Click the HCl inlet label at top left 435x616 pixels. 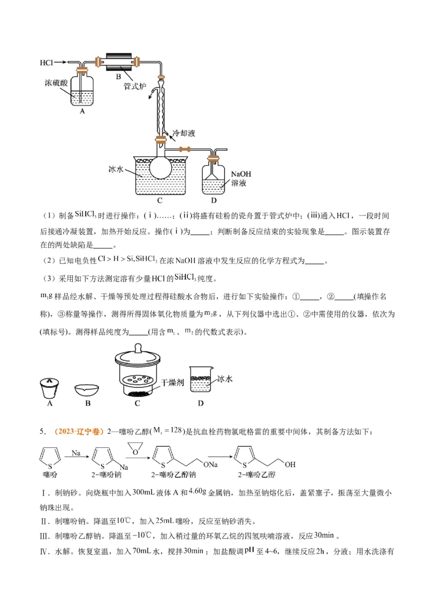tap(47, 63)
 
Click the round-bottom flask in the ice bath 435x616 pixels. tap(161, 165)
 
